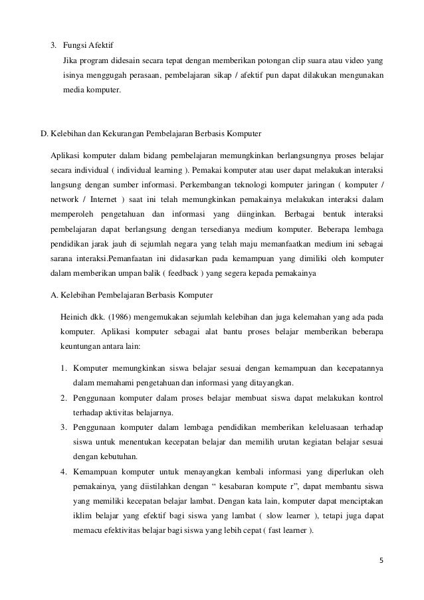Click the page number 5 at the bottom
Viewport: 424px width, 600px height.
[x=381, y=569]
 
